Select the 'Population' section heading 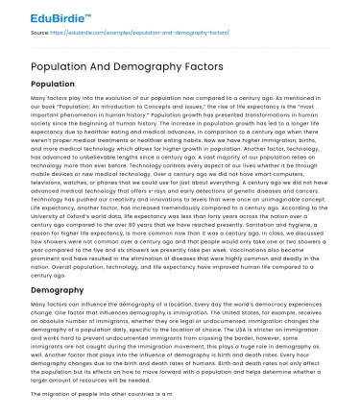(x=60, y=85)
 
